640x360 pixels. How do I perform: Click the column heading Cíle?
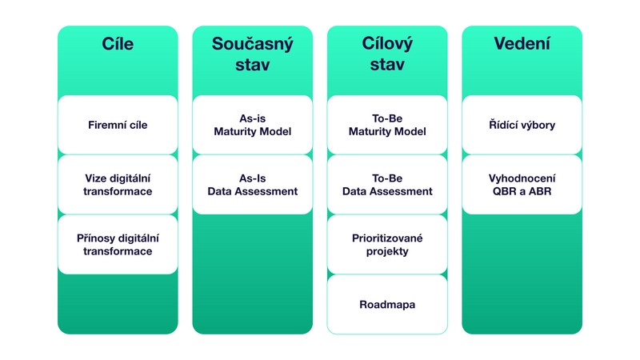[x=118, y=45]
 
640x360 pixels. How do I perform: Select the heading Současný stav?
[x=252, y=54]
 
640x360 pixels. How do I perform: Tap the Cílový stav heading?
[x=387, y=54]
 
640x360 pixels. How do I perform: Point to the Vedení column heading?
[x=522, y=45]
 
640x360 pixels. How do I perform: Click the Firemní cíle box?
[x=118, y=126]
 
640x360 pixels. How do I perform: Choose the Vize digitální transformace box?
[x=118, y=185]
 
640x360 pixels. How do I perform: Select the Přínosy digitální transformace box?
[x=118, y=245]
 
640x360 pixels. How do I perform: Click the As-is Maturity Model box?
[x=252, y=126]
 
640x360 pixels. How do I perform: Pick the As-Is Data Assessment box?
[x=252, y=185]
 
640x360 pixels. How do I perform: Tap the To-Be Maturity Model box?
[x=387, y=126]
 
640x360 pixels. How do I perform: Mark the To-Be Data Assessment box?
[x=387, y=185]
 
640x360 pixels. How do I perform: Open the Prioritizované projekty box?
[x=387, y=245]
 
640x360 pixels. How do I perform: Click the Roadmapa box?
[x=387, y=304]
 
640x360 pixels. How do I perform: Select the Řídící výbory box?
[x=522, y=126]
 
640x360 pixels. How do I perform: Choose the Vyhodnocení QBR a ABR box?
[x=522, y=185]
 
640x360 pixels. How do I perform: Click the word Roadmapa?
[x=387, y=305]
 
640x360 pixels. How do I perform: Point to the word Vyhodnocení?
[x=522, y=178]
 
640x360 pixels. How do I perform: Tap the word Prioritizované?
[x=387, y=238]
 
